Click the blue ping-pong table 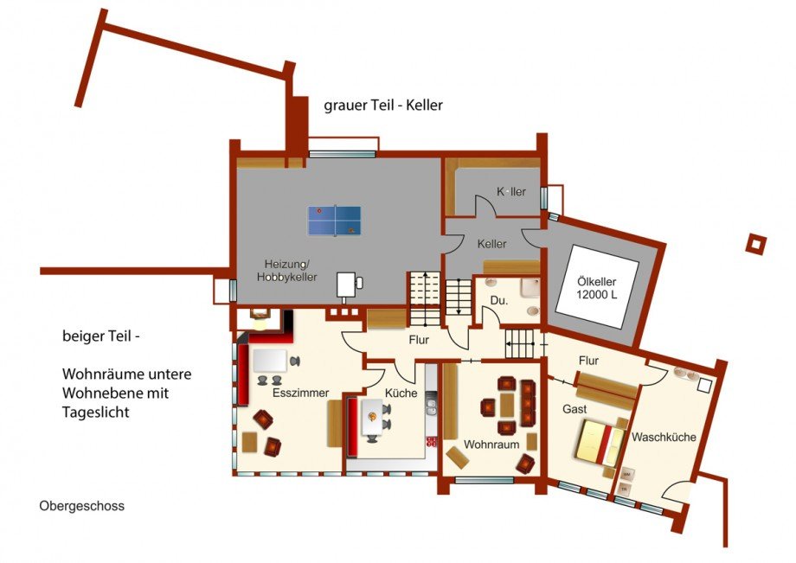pyautogui.click(x=335, y=221)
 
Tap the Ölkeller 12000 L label pyautogui.click(x=597, y=288)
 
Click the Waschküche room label pyautogui.click(x=664, y=437)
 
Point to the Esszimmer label pyautogui.click(x=300, y=393)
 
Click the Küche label pyautogui.click(x=401, y=393)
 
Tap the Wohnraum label pyautogui.click(x=491, y=445)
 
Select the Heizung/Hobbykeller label pyautogui.click(x=287, y=271)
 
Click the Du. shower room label pyautogui.click(x=499, y=300)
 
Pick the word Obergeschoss pyautogui.click(x=81, y=506)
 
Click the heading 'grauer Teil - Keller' pyautogui.click(x=383, y=105)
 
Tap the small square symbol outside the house pyautogui.click(x=756, y=245)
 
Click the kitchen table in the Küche pyautogui.click(x=372, y=417)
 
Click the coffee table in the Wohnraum pyautogui.click(x=507, y=405)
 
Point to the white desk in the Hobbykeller pyautogui.click(x=346, y=285)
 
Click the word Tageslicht pyautogui.click(x=96, y=413)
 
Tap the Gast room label pyautogui.click(x=575, y=409)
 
